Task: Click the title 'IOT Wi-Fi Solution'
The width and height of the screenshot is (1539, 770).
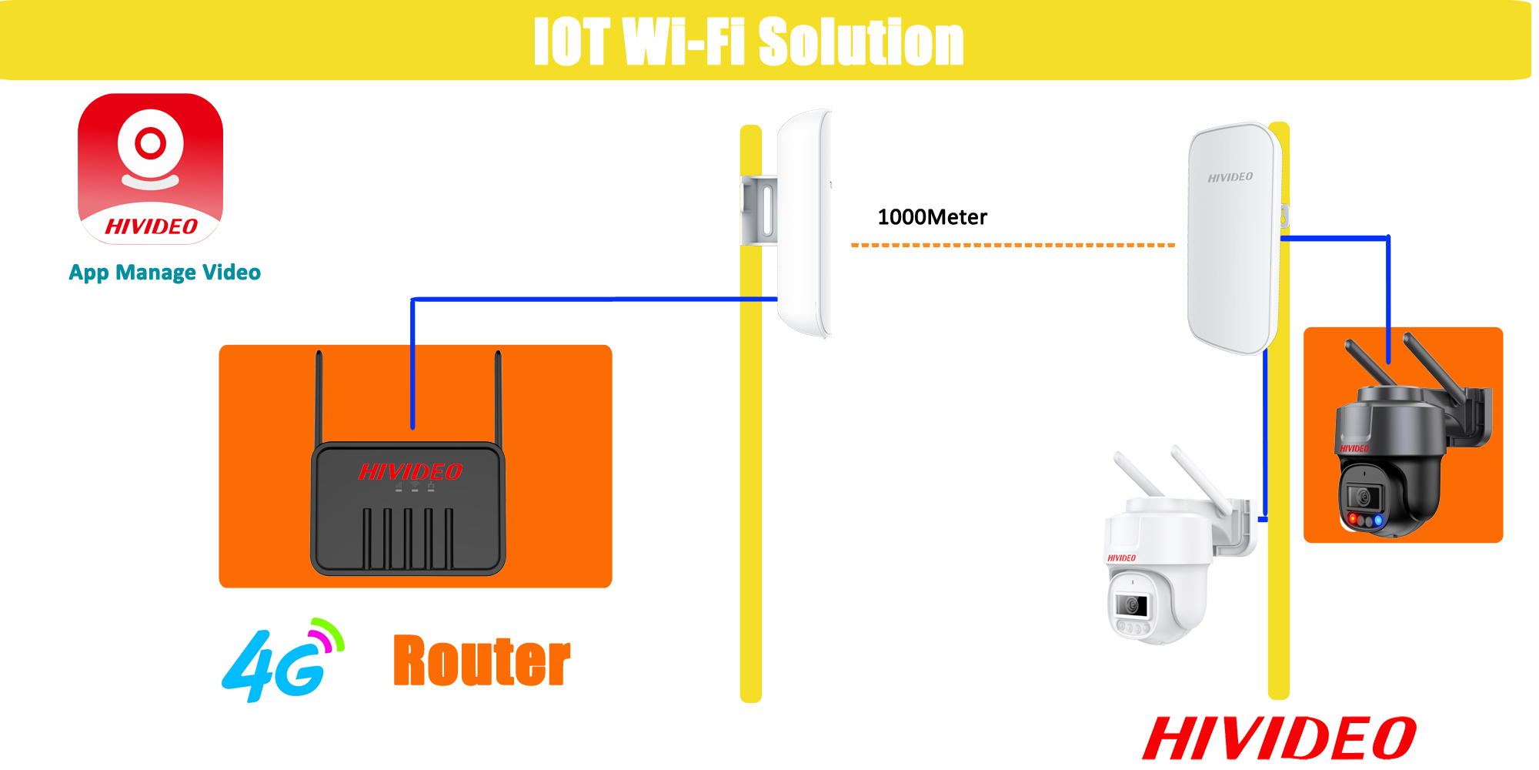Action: [x=748, y=42]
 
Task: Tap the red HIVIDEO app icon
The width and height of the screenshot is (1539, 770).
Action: [x=151, y=169]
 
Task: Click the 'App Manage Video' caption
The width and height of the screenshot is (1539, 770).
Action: [x=165, y=273]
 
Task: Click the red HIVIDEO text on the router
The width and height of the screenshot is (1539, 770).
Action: [x=410, y=471]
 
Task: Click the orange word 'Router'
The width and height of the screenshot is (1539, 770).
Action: [x=482, y=661]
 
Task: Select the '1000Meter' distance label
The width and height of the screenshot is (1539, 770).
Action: [x=932, y=217]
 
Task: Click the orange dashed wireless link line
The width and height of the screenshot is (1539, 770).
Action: [x=1013, y=245]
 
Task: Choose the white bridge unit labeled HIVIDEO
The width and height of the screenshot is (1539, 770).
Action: [x=1234, y=239]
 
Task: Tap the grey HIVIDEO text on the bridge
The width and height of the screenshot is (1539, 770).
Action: [x=1230, y=177]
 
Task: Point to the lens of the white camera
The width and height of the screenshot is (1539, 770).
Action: [x=1132, y=605]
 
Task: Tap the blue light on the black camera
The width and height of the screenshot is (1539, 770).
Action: [x=1379, y=521]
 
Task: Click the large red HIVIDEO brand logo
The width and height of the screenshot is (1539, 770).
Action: [x=1280, y=738]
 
